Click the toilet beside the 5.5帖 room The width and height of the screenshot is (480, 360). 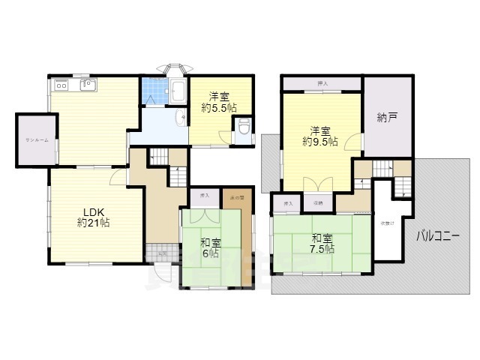pos(242,128)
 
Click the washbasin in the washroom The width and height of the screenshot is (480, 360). pos(182,118)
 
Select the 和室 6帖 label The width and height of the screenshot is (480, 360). pos(209,247)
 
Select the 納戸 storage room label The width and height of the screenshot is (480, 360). pos(387,116)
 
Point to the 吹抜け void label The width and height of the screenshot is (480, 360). pos(385,222)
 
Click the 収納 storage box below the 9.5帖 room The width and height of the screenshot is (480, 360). pos(317,202)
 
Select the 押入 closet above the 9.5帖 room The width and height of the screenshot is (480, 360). pos(322,83)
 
